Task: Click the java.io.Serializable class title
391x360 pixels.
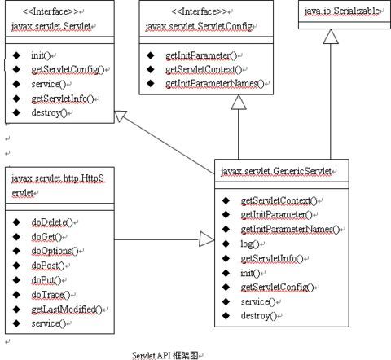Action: (x=341, y=11)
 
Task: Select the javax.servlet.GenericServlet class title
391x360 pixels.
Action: (x=276, y=171)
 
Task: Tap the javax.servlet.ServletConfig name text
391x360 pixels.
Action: (x=199, y=26)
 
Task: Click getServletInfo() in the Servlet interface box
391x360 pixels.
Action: (x=63, y=99)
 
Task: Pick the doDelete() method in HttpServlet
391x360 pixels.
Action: (x=52, y=222)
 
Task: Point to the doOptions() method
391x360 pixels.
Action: (x=55, y=251)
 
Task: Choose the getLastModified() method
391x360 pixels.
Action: (x=67, y=310)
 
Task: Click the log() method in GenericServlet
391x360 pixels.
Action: (x=250, y=244)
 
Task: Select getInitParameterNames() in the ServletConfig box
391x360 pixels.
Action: (x=214, y=83)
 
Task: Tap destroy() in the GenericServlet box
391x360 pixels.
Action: (x=258, y=316)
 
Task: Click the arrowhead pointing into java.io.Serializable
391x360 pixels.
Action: (x=331, y=37)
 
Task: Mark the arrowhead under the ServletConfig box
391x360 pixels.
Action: (x=239, y=102)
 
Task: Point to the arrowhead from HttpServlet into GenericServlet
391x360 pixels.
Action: (x=207, y=239)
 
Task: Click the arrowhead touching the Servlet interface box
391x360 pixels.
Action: (x=121, y=116)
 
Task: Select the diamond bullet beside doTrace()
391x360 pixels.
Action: (x=16, y=295)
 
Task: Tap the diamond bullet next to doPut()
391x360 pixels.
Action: (x=16, y=280)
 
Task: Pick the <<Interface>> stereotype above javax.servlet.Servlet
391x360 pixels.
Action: (x=51, y=11)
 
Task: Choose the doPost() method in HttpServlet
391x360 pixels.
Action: (x=48, y=266)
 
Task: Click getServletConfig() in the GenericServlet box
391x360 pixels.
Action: (x=277, y=287)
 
